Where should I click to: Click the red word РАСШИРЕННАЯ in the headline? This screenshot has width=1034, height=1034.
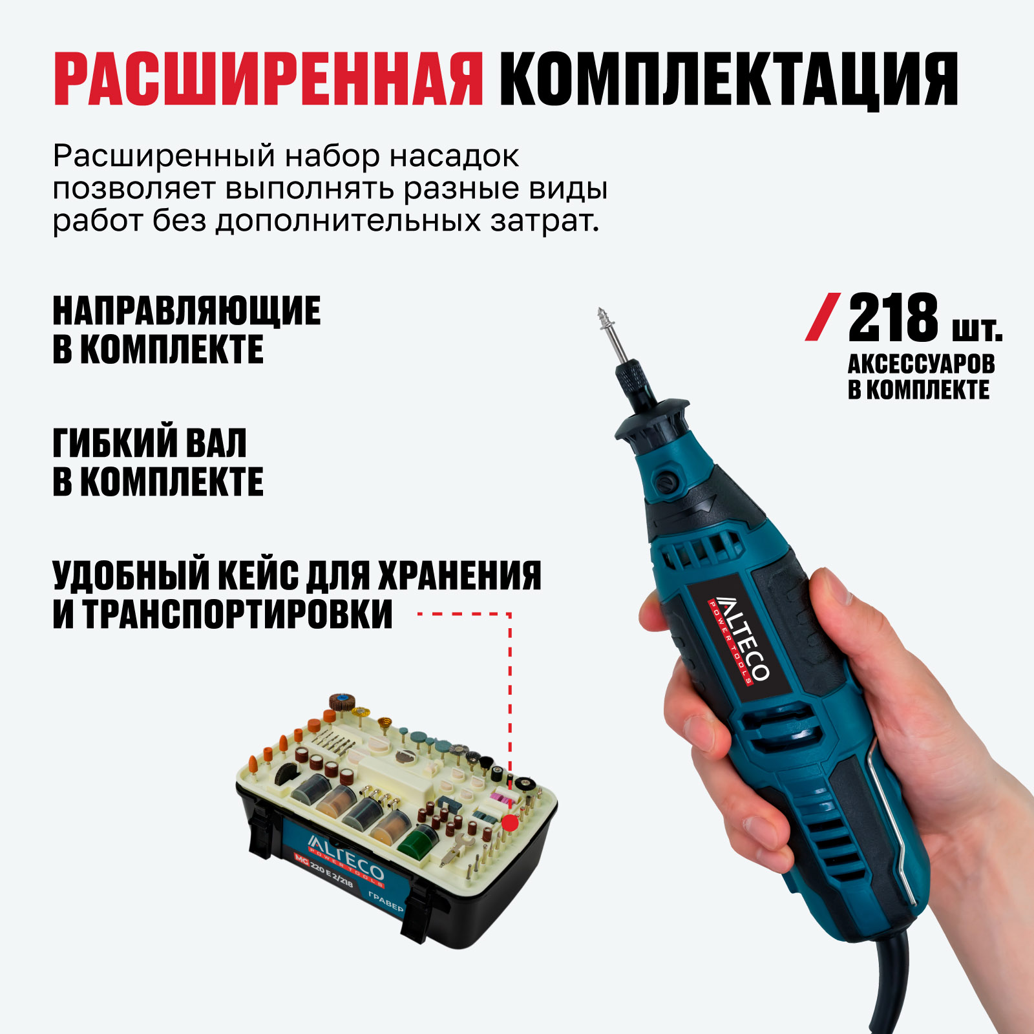pyautogui.click(x=268, y=79)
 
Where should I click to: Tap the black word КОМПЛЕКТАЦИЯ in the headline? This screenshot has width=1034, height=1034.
pyautogui.click(x=728, y=79)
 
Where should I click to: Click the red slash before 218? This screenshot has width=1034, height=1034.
pyautogui.click(x=823, y=317)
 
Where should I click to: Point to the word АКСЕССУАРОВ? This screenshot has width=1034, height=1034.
pyautogui.click(x=921, y=364)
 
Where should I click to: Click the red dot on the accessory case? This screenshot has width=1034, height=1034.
pyautogui.click(x=511, y=823)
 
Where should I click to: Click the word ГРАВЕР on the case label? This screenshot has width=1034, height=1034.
pyautogui.click(x=386, y=901)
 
